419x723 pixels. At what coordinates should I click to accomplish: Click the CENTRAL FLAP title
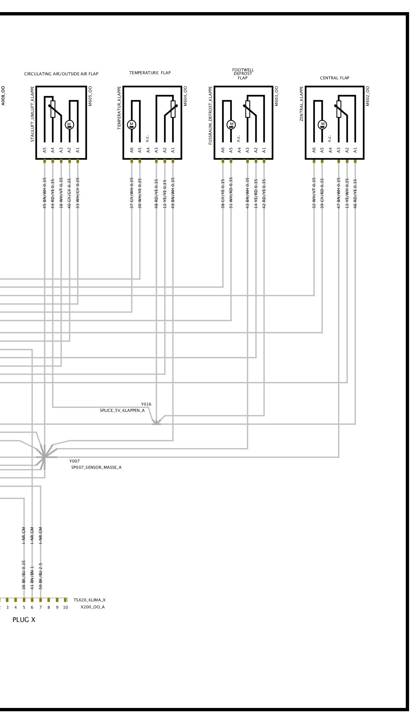tap(334, 78)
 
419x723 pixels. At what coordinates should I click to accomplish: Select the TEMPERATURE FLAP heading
tap(150, 73)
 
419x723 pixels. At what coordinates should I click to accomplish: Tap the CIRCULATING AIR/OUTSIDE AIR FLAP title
tap(61, 74)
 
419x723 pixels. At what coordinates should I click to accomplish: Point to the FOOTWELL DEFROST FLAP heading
tap(243, 74)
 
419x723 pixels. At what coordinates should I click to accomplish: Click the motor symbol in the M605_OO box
tap(69, 125)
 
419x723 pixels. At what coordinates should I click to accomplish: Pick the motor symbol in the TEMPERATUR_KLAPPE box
tap(132, 125)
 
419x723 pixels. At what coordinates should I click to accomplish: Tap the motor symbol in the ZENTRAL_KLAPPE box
tap(322, 125)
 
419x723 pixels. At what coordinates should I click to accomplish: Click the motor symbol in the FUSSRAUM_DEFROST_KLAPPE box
tap(231, 125)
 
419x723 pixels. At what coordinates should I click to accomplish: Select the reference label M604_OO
tap(185, 96)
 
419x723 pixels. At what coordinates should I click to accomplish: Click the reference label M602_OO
tap(368, 96)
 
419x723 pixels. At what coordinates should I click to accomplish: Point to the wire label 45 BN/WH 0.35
tap(44, 193)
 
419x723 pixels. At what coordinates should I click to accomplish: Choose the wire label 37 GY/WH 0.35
tap(132, 193)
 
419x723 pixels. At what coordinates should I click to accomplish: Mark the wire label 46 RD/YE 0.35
tap(355, 193)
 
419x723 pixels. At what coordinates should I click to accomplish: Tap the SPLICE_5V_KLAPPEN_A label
tap(122, 410)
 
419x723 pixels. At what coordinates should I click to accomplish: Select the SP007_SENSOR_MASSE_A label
tap(96, 467)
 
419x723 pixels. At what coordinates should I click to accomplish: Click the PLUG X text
tap(24, 620)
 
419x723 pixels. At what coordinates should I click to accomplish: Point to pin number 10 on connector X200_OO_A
tap(65, 607)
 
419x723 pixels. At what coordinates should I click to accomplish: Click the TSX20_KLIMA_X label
tap(89, 600)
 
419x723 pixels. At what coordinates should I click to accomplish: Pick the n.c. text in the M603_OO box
tap(239, 138)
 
